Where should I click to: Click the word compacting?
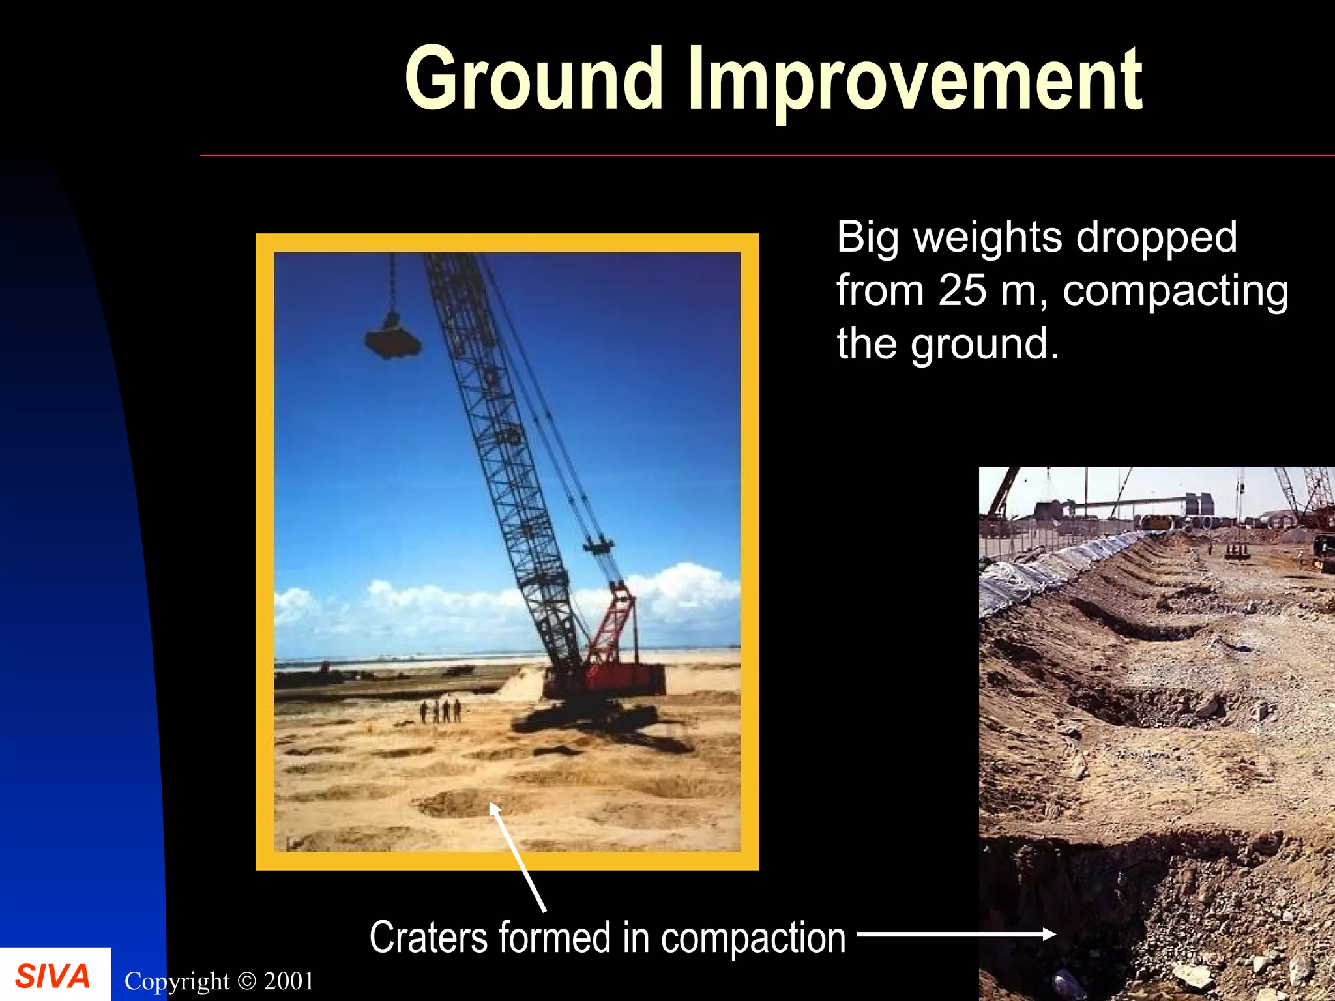pos(1175,292)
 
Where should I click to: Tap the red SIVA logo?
pos(52,976)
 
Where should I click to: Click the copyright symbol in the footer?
pos(246,981)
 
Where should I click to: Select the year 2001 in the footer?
pos(289,981)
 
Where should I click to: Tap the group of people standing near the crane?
pos(441,710)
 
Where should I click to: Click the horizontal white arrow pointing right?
pos(956,934)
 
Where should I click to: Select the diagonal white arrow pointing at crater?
pos(518,856)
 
